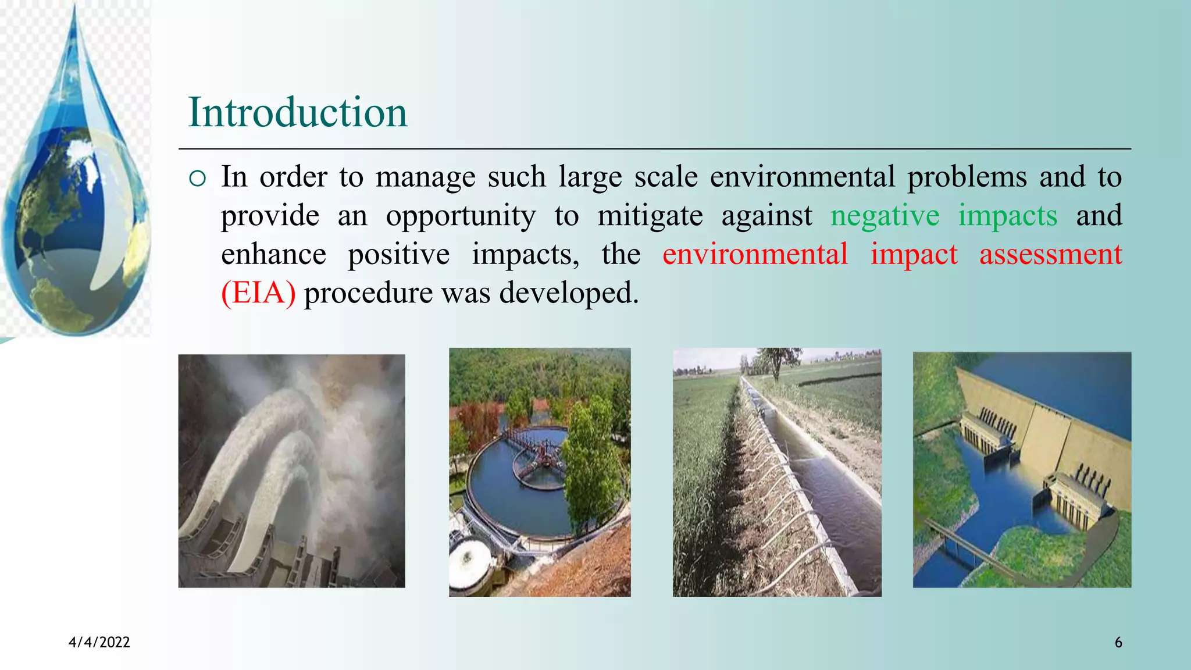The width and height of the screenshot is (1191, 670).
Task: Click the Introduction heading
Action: (x=298, y=112)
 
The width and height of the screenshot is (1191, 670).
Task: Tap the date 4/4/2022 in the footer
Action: (x=99, y=642)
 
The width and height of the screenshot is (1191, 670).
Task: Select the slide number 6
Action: (x=1118, y=642)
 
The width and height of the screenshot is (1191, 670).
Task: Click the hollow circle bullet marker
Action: (x=198, y=178)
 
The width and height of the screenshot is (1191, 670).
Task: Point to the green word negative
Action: (x=884, y=216)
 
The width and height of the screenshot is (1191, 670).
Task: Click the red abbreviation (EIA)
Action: (x=258, y=293)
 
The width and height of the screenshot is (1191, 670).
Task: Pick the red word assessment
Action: (x=1050, y=255)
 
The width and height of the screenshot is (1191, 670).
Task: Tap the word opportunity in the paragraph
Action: (x=461, y=216)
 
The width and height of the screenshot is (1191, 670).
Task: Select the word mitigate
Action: (x=650, y=216)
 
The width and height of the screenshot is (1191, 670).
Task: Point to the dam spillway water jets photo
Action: (x=291, y=471)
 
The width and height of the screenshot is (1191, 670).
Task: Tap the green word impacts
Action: (x=1007, y=216)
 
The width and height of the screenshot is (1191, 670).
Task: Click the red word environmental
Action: (x=755, y=255)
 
